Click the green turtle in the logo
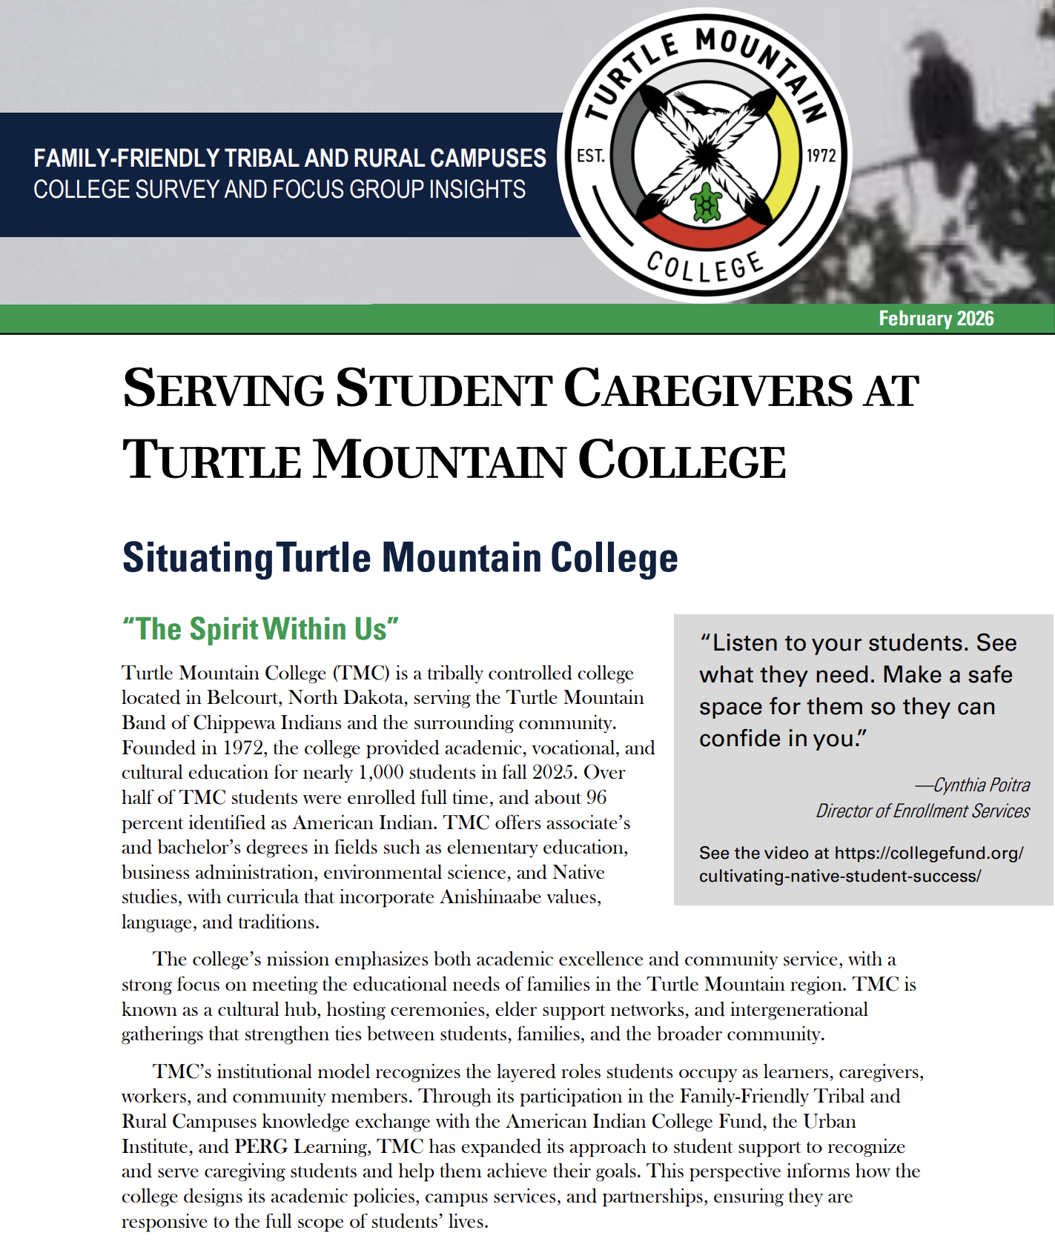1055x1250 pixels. point(707,202)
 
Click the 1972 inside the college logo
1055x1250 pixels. point(821,156)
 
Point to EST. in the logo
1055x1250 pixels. point(591,156)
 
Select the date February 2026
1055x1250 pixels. point(936,319)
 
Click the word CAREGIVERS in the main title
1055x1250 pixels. point(708,390)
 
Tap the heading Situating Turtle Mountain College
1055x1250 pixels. point(400,558)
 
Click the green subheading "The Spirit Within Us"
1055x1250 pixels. point(260,629)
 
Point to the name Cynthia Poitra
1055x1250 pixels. point(980,785)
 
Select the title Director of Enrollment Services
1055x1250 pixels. point(922,811)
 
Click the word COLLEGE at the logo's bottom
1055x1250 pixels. point(704,266)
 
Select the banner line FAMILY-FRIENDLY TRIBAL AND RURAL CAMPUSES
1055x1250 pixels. point(290,158)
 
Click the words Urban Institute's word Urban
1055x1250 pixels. point(830,1122)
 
